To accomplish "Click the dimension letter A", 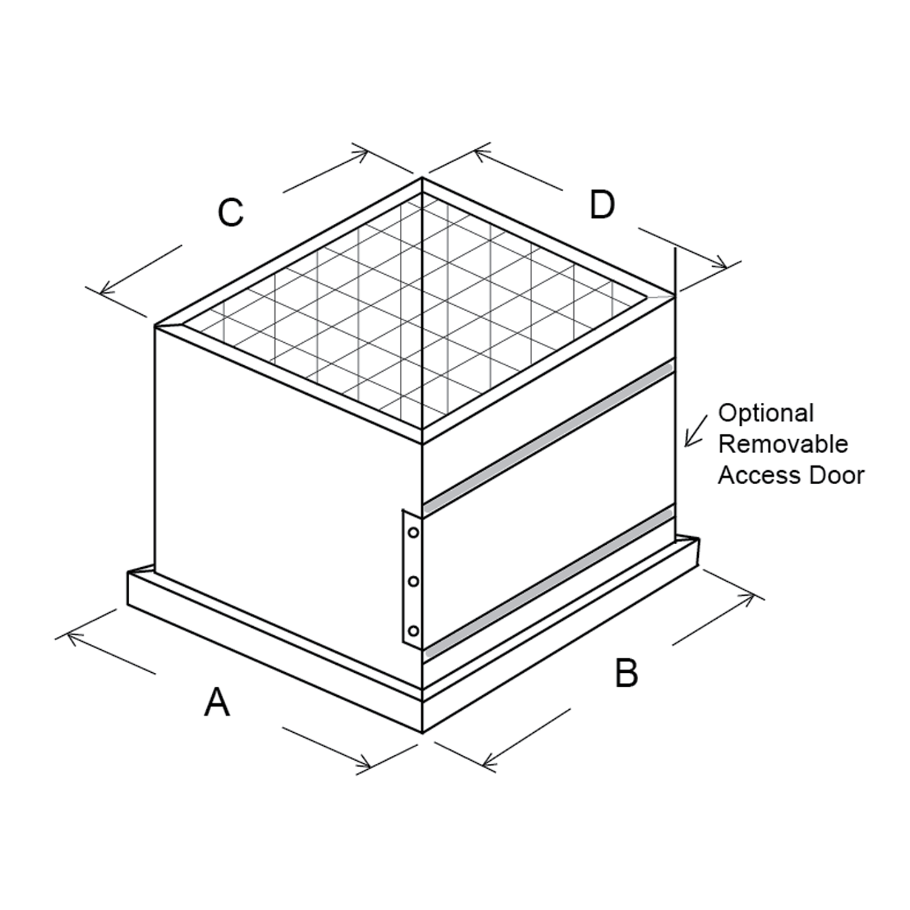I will click(217, 702).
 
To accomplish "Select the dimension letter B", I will click(626, 673).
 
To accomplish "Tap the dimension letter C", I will click(231, 212).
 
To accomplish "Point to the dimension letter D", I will click(602, 204).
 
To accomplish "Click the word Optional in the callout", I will click(766, 414).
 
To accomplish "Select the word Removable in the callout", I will click(783, 444).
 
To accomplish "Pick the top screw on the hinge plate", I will click(414, 533).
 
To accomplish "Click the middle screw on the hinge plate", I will click(414, 582).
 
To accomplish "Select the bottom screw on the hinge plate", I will click(414, 631).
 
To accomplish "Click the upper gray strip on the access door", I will click(546, 431).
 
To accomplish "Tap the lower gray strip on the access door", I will click(546, 579).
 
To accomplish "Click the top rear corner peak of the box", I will click(422, 178).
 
